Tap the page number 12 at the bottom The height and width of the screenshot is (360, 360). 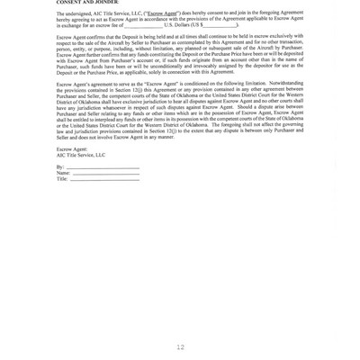point(180,346)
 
